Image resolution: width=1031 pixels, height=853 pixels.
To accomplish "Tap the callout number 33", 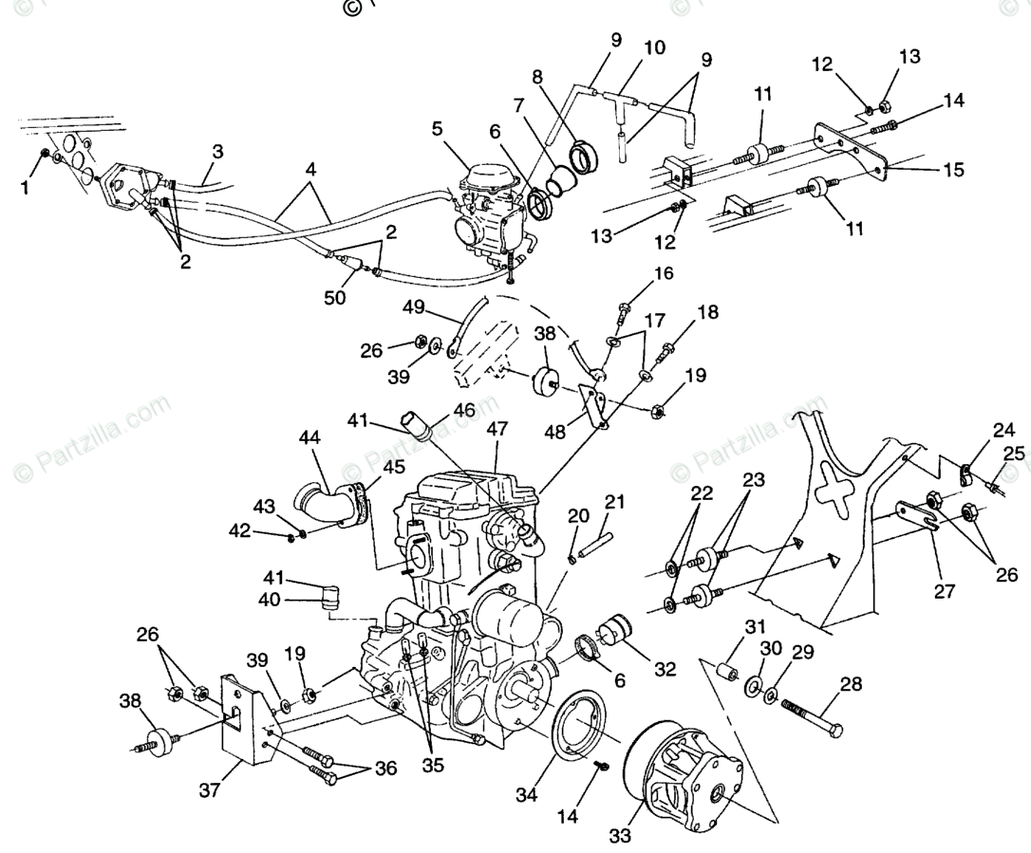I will pyautogui.click(x=620, y=836).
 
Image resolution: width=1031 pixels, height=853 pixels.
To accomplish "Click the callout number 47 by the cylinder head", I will pyautogui.click(x=497, y=429).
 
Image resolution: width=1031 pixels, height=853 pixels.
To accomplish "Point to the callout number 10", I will pyautogui.click(x=655, y=46).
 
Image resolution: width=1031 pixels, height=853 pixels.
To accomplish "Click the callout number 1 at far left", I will pyautogui.click(x=25, y=188).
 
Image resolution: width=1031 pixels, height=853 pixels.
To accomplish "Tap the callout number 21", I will pyautogui.click(x=615, y=501).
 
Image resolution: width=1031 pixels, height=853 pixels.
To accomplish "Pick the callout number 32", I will pyautogui.click(x=665, y=668).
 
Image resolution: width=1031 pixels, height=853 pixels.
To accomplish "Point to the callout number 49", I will pyautogui.click(x=413, y=306).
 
